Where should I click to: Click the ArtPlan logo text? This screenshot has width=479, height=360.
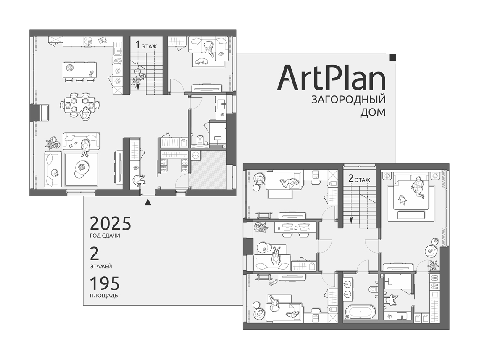(x=331, y=77)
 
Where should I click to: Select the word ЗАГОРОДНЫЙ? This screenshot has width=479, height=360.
(x=348, y=100)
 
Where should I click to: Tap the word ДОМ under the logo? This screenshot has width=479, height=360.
(x=373, y=113)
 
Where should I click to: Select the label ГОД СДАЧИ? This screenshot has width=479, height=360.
(x=105, y=236)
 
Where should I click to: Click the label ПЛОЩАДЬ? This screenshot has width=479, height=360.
(x=104, y=296)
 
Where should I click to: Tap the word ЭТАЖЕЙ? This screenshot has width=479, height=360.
(x=101, y=266)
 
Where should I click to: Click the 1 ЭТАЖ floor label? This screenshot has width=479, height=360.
(x=146, y=45)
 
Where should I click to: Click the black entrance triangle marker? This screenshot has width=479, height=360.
(x=148, y=202)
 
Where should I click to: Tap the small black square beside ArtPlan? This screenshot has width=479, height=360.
(x=393, y=57)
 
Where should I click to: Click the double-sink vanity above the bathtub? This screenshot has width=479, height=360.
(x=348, y=288)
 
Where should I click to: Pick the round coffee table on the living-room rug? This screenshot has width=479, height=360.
(x=81, y=167)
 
